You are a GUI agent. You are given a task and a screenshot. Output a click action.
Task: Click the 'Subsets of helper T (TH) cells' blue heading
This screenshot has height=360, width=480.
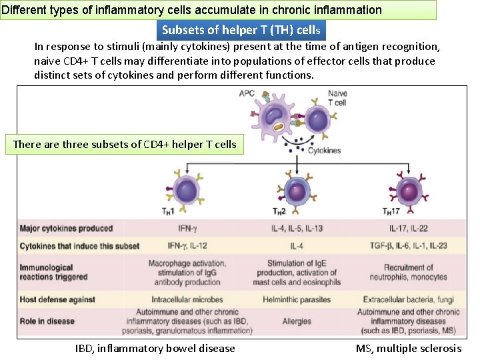point(241,30)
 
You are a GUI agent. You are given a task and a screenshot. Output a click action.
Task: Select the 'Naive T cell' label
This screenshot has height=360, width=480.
point(338,98)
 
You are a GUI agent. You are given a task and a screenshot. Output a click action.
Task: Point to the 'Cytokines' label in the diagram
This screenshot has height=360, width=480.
point(324,151)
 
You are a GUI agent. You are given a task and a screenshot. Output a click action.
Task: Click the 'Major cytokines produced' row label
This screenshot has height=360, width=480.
point(67,229)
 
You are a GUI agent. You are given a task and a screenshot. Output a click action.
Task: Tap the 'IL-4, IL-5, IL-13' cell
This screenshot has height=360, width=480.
point(297,229)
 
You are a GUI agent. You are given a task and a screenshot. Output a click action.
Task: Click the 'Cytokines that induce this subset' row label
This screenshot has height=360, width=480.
point(79,246)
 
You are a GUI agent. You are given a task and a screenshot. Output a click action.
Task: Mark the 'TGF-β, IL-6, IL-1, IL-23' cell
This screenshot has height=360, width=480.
point(408,246)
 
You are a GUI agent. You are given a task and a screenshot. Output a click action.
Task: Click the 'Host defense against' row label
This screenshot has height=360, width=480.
point(57,299)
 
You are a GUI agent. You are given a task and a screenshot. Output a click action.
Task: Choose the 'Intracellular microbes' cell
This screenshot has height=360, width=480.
point(187,299)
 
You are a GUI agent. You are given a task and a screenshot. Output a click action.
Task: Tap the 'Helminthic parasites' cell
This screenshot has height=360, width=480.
point(297,299)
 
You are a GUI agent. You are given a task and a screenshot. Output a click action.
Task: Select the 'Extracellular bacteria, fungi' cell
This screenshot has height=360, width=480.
point(408,299)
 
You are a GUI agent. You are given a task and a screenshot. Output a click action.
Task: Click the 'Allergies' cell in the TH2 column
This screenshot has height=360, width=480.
point(297,321)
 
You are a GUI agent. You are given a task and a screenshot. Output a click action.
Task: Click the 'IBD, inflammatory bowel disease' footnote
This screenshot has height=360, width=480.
point(155,348)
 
